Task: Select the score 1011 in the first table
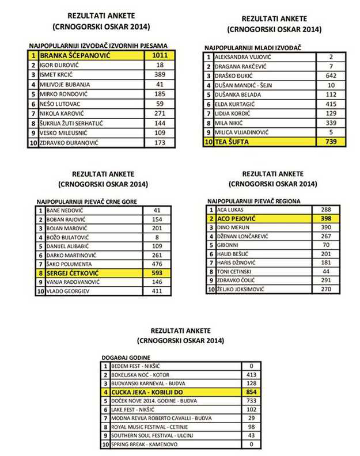click(x=160, y=55)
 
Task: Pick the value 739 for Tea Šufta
click(x=330, y=142)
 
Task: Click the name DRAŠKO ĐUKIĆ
click(x=236, y=76)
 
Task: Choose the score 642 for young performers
click(x=330, y=76)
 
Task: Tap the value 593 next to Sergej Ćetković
click(x=157, y=272)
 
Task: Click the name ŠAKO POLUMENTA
click(x=64, y=263)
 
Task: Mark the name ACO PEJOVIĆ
click(x=237, y=219)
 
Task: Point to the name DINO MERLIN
click(x=233, y=228)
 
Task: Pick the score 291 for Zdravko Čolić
click(x=325, y=280)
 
